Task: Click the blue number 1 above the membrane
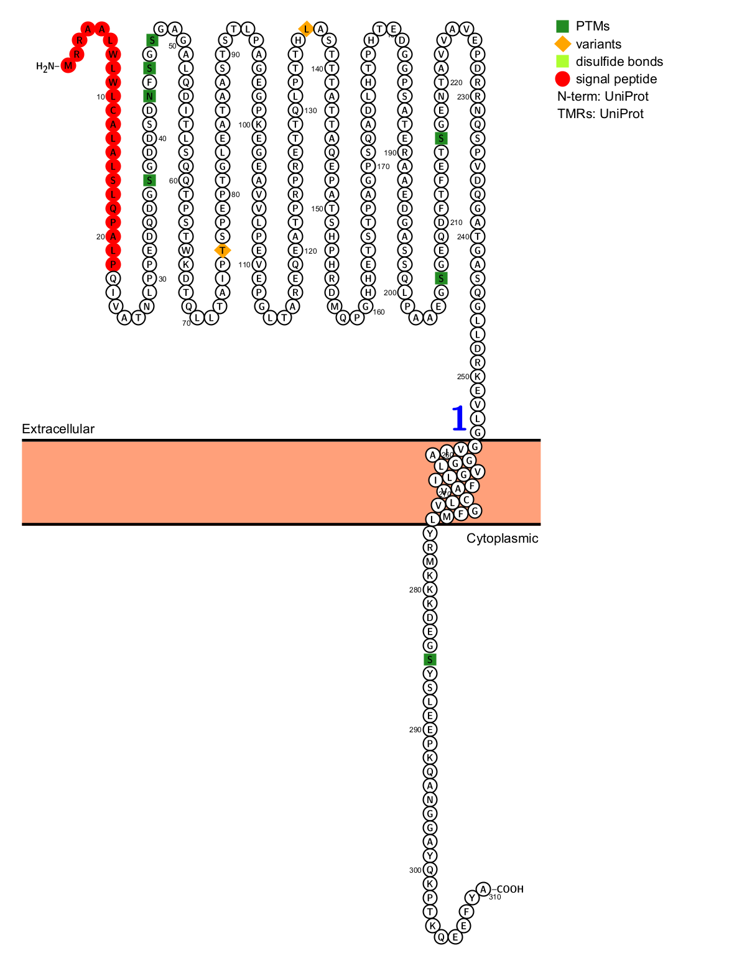458,418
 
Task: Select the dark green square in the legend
562,26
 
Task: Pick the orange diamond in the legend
562,44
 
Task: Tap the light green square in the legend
562,61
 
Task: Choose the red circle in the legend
562,79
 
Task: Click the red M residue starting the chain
68,65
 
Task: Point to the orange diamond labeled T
223,251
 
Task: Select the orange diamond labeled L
306,29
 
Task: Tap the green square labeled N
149,96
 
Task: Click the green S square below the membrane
430,660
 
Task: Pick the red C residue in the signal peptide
113,110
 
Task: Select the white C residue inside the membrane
466,500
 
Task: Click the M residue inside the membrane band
447,517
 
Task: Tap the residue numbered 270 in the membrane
444,492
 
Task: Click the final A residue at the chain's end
483,889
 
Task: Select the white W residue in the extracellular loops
186,251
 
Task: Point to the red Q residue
113,208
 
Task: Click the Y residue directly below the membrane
430,533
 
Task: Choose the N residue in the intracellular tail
430,799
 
